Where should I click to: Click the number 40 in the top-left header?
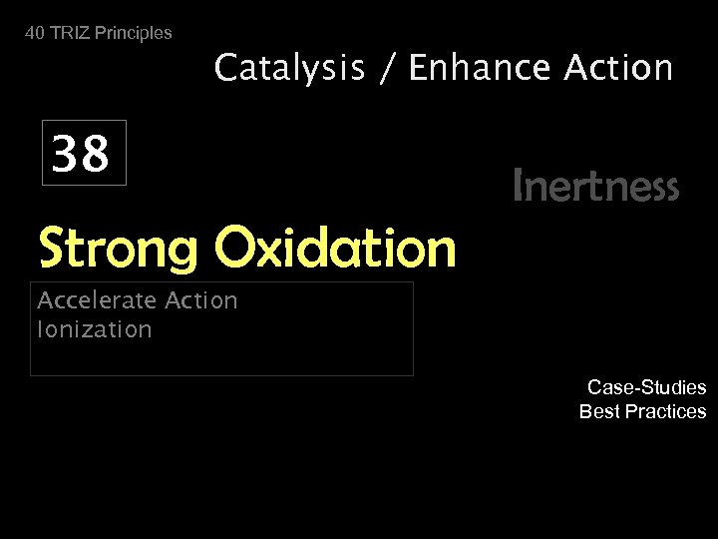tap(35, 33)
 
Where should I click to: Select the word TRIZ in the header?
tap(69, 33)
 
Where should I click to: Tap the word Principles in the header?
tap(133, 33)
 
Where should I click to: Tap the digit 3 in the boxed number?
tap(67, 155)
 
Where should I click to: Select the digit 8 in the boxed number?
tap(96, 155)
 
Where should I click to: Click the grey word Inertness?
tap(595, 186)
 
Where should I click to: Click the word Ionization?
tap(94, 329)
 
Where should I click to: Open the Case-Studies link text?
tap(646, 387)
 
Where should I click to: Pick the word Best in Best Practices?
tap(599, 411)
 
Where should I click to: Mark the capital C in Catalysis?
tap(227, 69)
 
